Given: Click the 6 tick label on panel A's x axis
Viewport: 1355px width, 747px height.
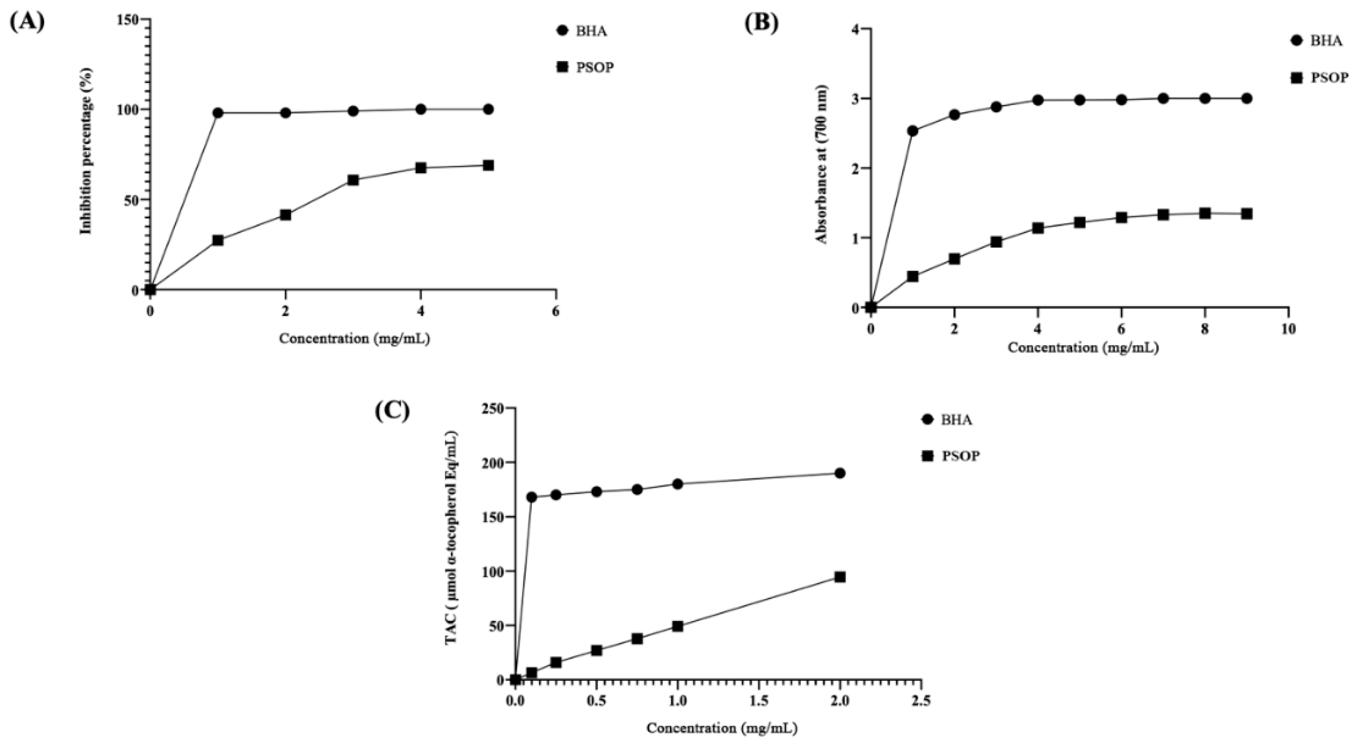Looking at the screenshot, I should coord(556,312).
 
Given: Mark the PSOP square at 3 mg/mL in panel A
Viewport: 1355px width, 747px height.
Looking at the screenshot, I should coord(353,180).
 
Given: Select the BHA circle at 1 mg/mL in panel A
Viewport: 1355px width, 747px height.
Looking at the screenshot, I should coord(218,113).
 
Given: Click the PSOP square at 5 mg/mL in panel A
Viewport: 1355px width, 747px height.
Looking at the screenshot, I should coord(488,165).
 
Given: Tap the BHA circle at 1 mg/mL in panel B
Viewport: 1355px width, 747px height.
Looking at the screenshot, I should coord(912,130).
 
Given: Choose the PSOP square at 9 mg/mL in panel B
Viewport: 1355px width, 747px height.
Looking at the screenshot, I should coord(1246,213).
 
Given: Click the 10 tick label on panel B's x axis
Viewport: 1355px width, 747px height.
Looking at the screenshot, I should coord(1288,329).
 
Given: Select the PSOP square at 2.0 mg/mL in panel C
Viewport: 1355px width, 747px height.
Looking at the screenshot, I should coord(840,577).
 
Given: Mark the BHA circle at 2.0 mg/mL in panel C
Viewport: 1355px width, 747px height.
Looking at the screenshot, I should coord(840,473).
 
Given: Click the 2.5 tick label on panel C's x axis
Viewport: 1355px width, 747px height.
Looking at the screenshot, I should coord(921,701).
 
